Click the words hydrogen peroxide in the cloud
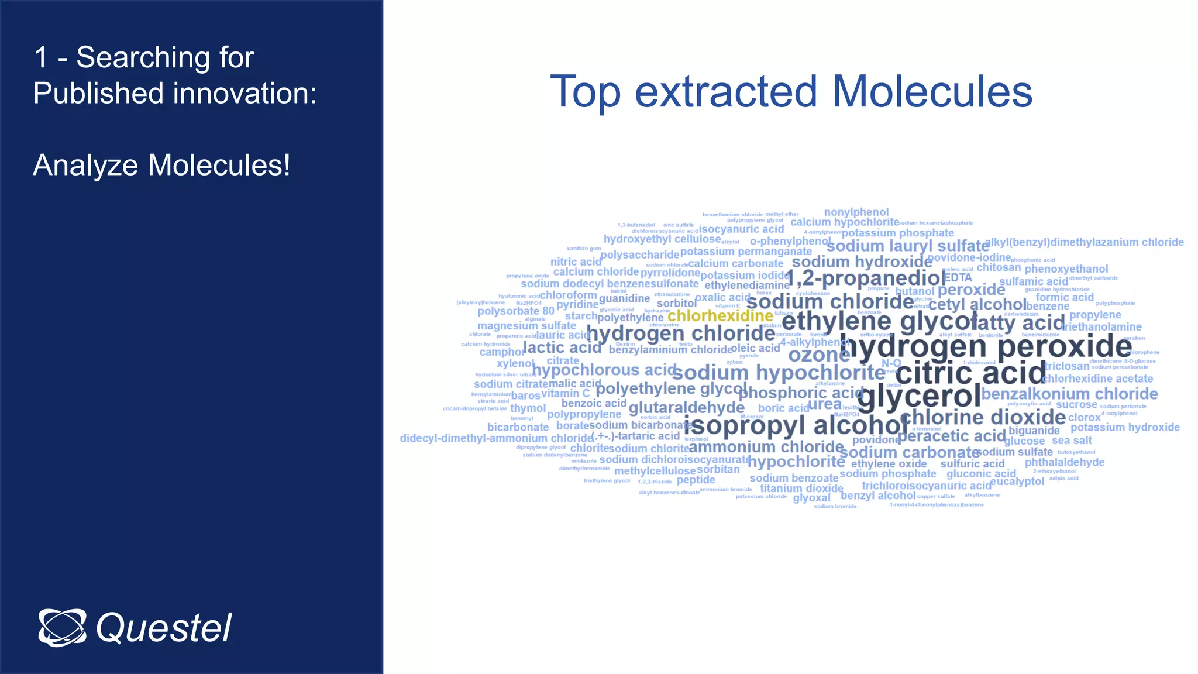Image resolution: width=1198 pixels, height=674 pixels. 986,346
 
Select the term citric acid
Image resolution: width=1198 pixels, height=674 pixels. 970,373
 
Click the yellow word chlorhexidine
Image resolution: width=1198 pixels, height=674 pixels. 720,316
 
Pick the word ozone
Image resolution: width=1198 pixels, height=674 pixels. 819,355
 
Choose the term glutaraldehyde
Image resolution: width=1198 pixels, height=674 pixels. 686,407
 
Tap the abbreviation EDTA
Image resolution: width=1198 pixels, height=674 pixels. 958,278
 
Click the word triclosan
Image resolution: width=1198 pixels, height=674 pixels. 1066,366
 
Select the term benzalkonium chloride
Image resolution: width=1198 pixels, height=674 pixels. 1069,394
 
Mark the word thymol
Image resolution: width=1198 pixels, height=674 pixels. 528,408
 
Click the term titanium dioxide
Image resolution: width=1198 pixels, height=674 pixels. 801,489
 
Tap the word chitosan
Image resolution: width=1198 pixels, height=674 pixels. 999,267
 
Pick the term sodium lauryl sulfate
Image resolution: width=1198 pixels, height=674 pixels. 908,246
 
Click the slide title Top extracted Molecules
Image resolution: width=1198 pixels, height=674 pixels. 791,92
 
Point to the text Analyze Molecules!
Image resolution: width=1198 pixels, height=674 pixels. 161,165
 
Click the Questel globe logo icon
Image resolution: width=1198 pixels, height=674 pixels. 62,628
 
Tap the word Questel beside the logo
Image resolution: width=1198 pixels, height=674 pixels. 164,628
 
